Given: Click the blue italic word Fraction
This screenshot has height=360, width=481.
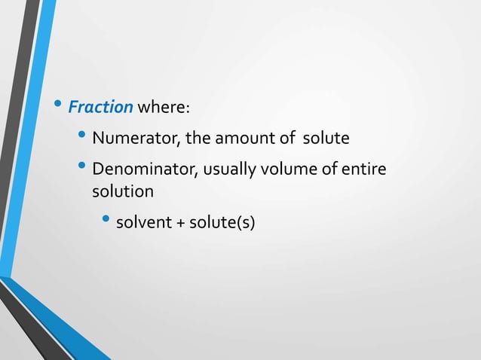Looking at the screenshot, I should tap(100, 108).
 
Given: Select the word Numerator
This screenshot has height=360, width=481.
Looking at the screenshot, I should tap(127, 139).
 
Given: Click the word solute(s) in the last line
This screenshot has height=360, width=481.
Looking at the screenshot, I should tap(222, 223).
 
